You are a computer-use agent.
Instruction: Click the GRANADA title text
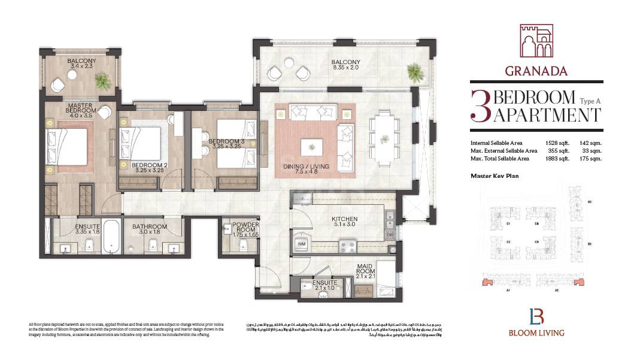[536, 71]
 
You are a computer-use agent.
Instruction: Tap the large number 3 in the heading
[480, 106]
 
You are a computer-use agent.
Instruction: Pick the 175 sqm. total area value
[592, 159]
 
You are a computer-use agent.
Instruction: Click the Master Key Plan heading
[494, 176]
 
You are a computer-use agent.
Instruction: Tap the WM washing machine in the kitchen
[301, 244]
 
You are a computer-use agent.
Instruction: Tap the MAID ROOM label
[365, 270]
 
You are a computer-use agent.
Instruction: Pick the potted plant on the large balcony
[414, 73]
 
